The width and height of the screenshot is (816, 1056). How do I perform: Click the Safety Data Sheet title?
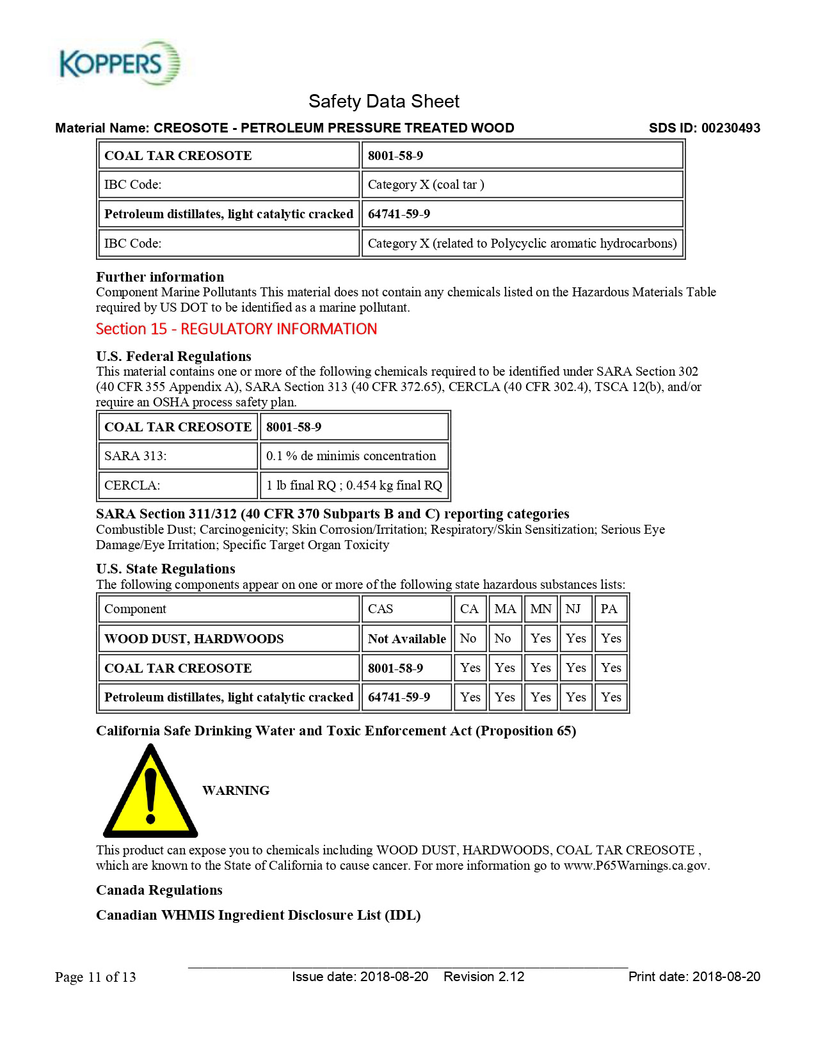click(384, 101)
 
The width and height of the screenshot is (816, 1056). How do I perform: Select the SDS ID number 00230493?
click(730, 128)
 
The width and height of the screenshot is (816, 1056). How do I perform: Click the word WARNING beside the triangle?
click(236, 790)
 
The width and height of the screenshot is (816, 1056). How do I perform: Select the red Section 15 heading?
click(236, 329)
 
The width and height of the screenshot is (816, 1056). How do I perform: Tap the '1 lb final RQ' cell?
click(353, 486)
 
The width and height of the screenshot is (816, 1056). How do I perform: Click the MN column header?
click(541, 609)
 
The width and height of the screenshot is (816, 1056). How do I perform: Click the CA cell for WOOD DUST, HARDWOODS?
click(469, 639)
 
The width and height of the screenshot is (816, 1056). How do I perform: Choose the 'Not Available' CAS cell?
click(406, 639)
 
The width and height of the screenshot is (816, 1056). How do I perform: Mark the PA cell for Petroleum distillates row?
click(611, 697)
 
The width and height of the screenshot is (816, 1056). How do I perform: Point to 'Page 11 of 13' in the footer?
click(95, 977)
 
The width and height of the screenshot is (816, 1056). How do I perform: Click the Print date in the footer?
click(694, 977)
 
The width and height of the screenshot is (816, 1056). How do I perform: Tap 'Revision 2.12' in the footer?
click(484, 977)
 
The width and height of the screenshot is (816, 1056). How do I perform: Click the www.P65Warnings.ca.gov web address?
click(636, 866)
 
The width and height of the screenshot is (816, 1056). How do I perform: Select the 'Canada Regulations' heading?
click(159, 890)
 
